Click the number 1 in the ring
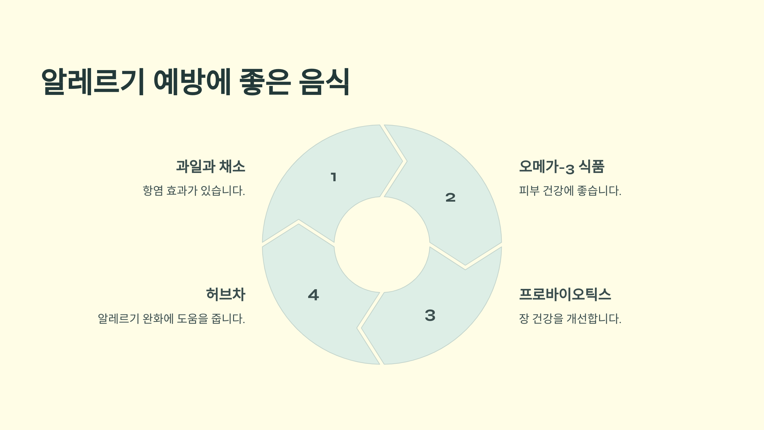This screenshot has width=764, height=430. (x=333, y=177)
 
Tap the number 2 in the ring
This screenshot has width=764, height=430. (x=450, y=197)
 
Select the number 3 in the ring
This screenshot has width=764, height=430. (x=430, y=315)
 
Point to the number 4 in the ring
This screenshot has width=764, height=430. (x=314, y=295)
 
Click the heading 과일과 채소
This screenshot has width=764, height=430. (x=211, y=167)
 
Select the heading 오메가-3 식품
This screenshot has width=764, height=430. (x=562, y=167)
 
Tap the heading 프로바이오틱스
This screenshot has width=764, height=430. (x=565, y=294)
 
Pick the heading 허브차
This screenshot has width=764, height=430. (x=226, y=294)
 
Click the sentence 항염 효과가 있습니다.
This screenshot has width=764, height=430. (x=194, y=191)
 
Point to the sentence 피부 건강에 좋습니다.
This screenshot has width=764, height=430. (x=570, y=191)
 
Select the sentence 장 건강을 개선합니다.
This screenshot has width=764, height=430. (x=570, y=319)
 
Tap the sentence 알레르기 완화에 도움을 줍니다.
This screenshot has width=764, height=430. (x=171, y=319)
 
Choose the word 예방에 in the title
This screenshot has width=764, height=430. (x=192, y=82)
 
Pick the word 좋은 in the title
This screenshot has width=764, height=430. (x=265, y=82)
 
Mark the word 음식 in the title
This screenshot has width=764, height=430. (x=324, y=82)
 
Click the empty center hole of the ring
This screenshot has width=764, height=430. (x=382, y=245)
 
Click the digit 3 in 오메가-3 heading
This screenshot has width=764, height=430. (x=570, y=169)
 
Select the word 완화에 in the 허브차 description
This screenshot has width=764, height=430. (x=158, y=319)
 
